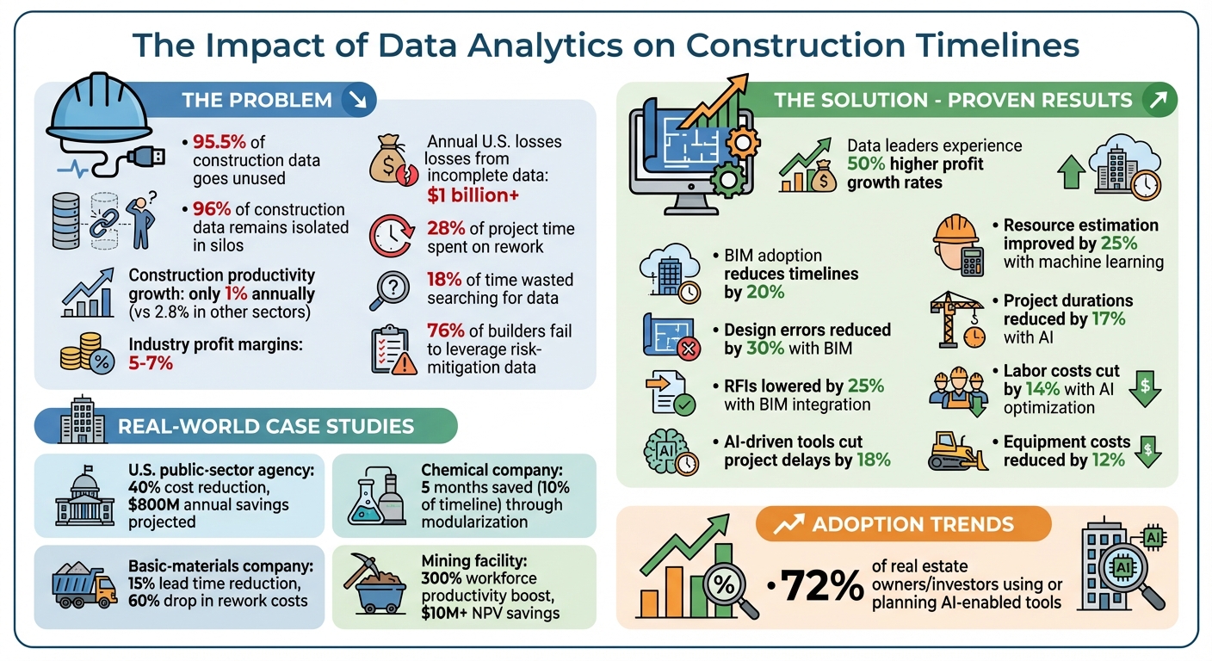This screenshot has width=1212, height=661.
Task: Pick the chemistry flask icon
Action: (374, 497)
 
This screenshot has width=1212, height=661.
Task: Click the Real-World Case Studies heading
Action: (265, 426)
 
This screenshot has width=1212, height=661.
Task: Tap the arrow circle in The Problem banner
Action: (355, 101)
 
